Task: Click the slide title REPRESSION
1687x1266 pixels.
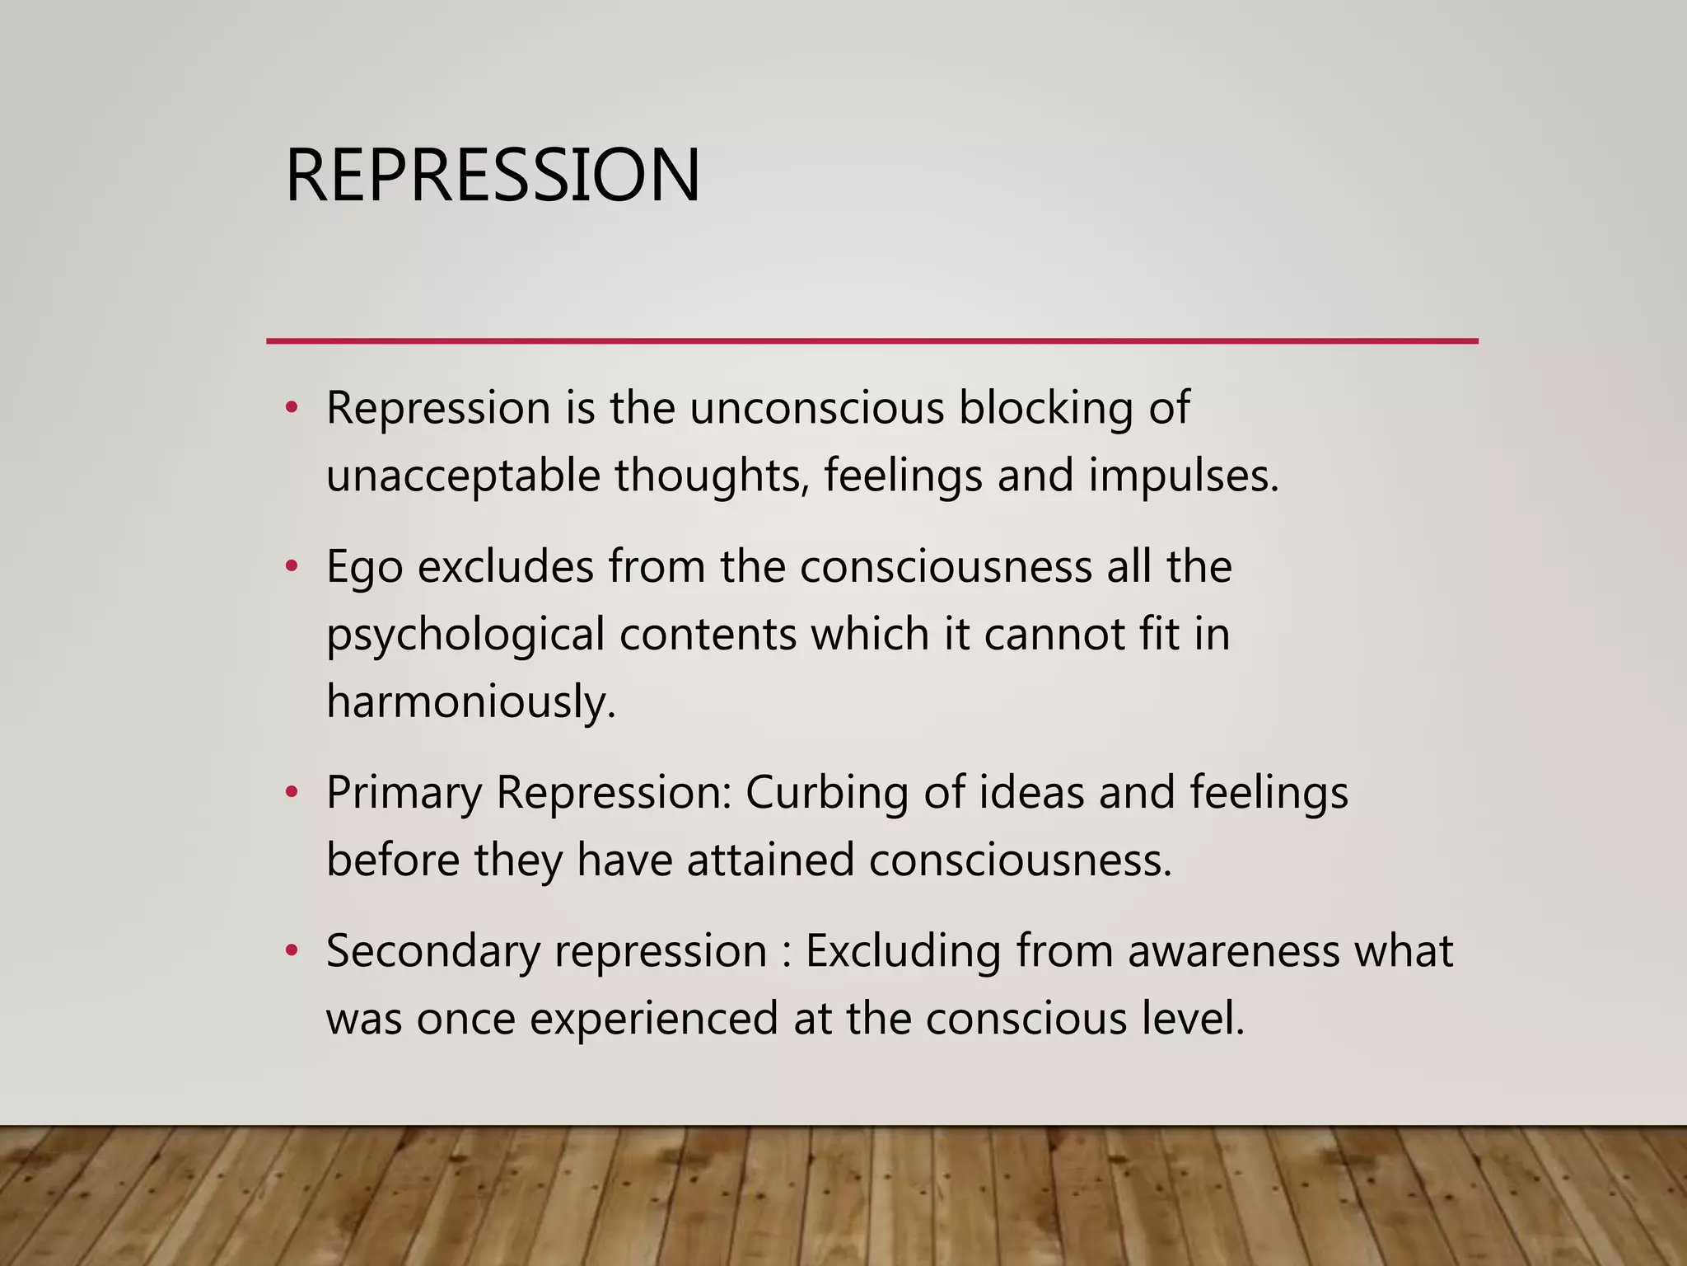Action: (493, 175)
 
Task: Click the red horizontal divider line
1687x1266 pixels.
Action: (872, 340)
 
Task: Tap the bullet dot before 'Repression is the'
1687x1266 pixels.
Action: (290, 408)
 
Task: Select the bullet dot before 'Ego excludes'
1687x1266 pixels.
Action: (290, 567)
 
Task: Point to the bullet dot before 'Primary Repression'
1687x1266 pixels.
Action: (290, 793)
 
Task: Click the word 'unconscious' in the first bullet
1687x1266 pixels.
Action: (816, 408)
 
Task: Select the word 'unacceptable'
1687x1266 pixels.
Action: (462, 476)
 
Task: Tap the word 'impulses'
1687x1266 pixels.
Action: (1183, 476)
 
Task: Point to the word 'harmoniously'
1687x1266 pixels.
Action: (470, 702)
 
